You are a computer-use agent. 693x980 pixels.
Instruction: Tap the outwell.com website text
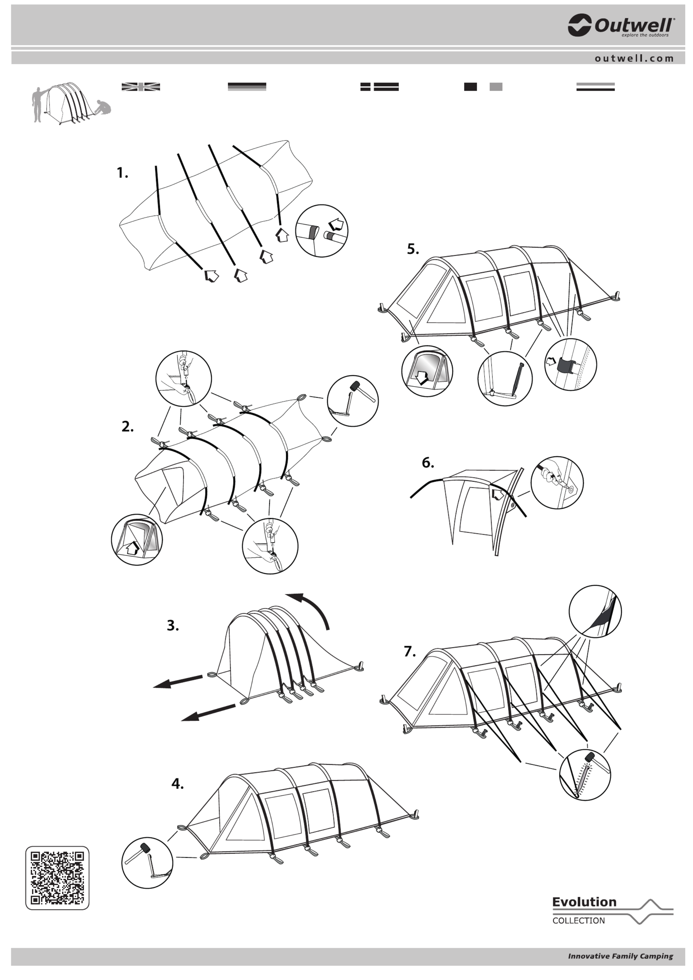(634, 58)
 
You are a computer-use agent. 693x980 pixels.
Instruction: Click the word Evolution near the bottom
(584, 902)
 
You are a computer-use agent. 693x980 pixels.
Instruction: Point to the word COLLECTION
(578, 921)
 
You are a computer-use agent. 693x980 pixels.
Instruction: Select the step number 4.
(177, 784)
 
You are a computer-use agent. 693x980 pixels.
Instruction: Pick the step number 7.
(410, 651)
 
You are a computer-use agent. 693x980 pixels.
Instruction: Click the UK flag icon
(141, 87)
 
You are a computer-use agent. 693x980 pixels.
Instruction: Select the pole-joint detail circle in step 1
(322, 230)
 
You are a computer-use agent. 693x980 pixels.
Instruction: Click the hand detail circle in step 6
(557, 482)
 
